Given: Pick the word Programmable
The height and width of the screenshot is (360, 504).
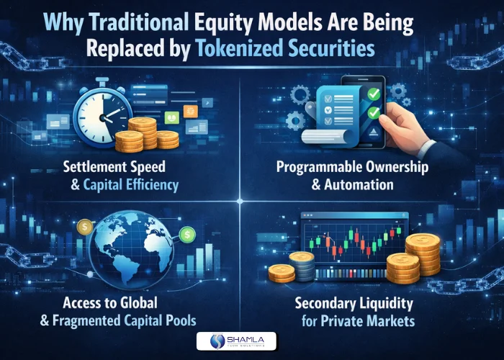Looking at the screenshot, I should pyautogui.click(x=323, y=167).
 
